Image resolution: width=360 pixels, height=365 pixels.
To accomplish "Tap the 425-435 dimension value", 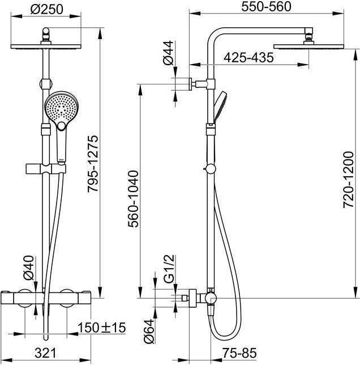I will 248,57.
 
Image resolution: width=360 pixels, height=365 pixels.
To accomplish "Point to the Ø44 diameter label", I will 168,52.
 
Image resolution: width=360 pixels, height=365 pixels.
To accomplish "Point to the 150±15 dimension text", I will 102,327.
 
